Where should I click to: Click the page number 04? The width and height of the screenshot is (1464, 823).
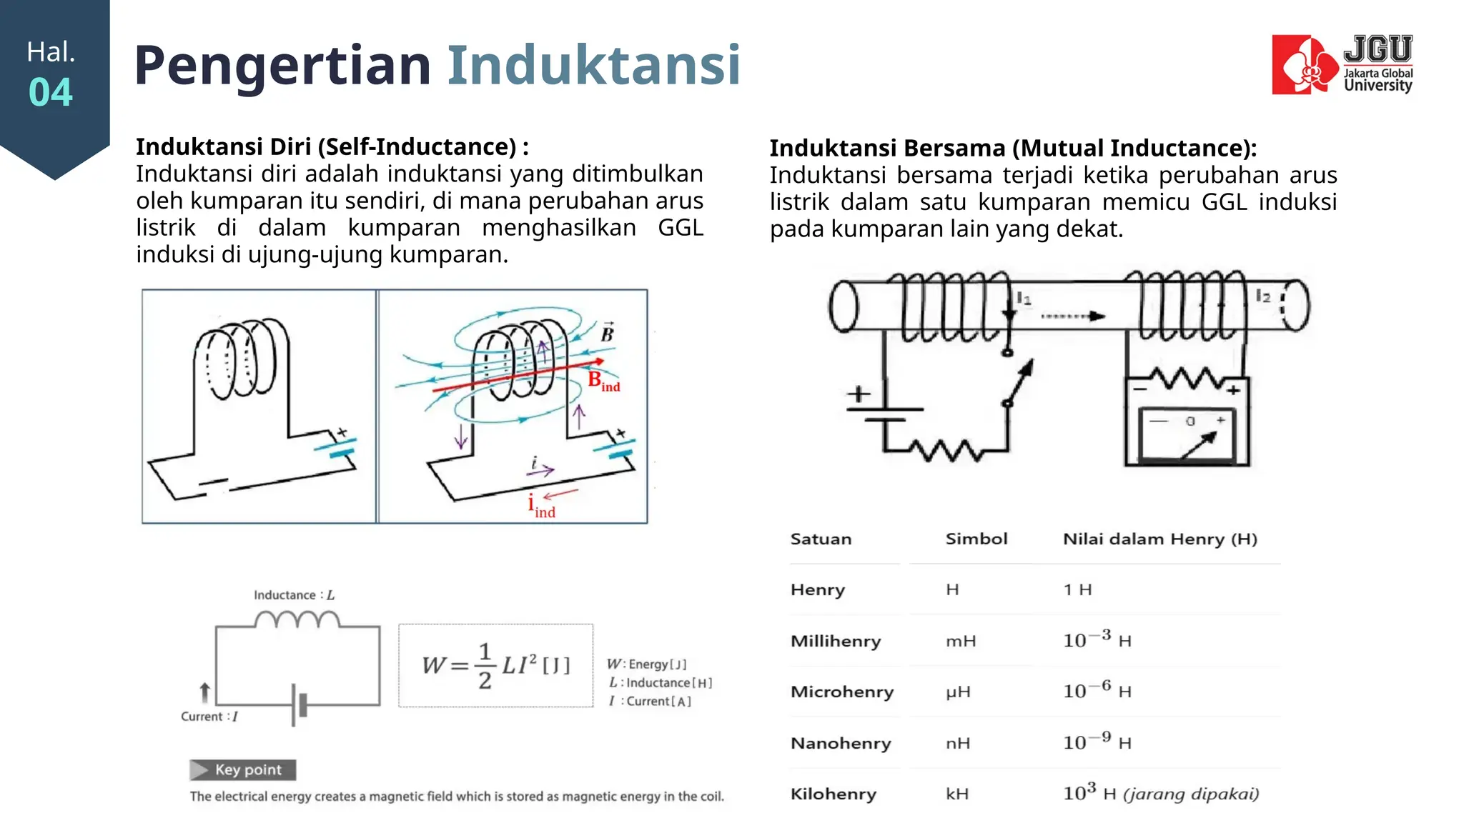[x=51, y=93]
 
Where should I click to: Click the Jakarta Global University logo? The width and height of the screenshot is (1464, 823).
[x=1341, y=64]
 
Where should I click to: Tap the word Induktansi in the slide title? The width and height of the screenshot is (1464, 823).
[x=593, y=65]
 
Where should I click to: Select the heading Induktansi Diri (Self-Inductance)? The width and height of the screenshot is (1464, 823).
[x=332, y=146]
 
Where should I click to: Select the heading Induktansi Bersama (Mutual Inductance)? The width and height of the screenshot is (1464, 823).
[x=1012, y=148]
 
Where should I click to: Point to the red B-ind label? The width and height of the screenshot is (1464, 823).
[x=603, y=381]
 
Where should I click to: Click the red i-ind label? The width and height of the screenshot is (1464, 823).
[x=541, y=506]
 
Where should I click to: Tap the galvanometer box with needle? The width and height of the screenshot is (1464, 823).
[x=1187, y=433]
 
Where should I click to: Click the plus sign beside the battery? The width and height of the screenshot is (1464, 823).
[x=859, y=394]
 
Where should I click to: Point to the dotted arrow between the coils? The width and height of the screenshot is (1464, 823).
[x=1072, y=316]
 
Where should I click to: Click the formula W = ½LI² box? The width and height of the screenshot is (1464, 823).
[x=495, y=665]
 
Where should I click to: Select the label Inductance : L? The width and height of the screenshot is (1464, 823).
[x=294, y=595]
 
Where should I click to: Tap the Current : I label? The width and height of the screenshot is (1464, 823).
[x=209, y=717]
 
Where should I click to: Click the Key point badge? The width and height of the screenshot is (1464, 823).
[x=242, y=769]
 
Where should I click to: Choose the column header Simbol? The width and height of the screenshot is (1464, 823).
[x=976, y=539]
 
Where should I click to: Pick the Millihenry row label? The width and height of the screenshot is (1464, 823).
[x=835, y=641]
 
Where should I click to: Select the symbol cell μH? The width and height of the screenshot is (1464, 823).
[x=958, y=692]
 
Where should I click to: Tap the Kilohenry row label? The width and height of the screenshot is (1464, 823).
[x=833, y=794]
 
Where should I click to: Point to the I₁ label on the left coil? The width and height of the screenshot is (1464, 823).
[x=1024, y=299]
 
